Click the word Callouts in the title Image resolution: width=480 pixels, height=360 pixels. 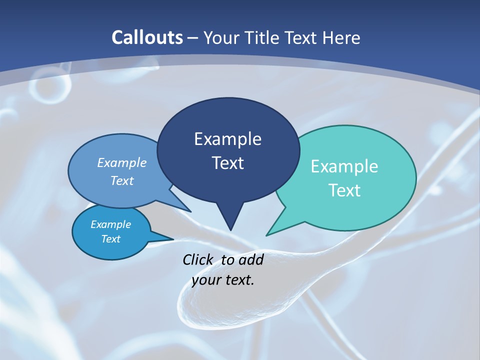[147, 37]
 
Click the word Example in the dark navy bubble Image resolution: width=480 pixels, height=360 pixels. [227, 139]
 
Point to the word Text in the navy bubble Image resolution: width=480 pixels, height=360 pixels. [227, 163]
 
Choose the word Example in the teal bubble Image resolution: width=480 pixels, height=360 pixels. [344, 166]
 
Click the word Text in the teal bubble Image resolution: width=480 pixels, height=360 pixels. [344, 190]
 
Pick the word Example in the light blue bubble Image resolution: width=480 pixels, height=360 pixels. [122, 162]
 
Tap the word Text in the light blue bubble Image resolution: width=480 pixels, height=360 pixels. [122, 180]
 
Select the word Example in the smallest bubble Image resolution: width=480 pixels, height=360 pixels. [111, 224]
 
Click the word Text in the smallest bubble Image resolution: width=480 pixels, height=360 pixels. [111, 239]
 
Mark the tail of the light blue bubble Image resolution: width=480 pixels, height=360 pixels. [188, 210]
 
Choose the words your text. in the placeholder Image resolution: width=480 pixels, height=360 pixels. [223, 280]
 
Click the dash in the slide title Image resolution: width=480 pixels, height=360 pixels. [193, 37]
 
